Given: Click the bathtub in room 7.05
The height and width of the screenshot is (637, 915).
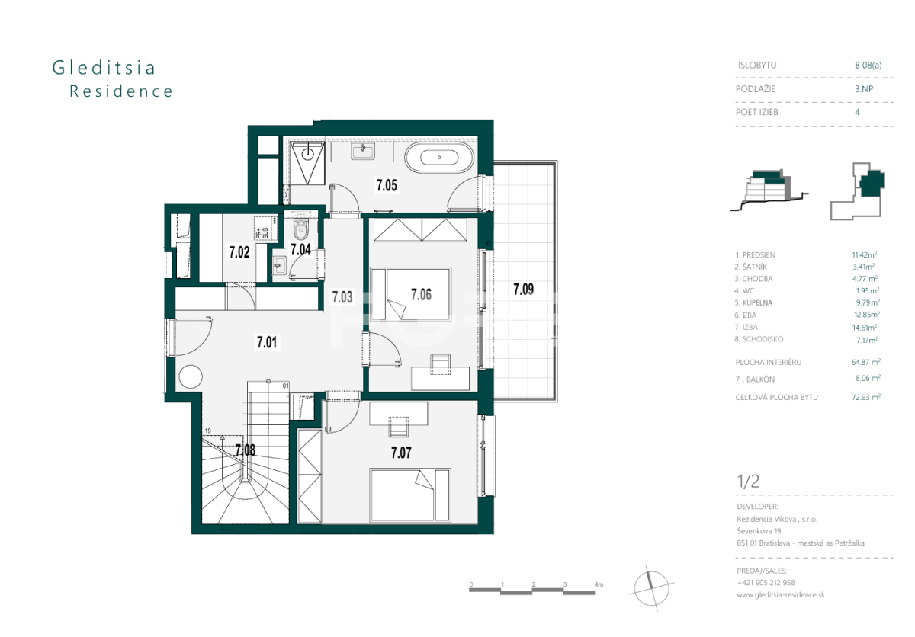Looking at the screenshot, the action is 439,158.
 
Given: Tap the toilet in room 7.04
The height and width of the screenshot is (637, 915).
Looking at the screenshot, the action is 301,230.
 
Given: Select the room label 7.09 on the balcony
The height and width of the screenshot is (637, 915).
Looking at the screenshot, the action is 523,290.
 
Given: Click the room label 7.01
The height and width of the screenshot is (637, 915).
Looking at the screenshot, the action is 267,342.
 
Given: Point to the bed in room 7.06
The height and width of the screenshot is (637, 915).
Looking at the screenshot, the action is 410,294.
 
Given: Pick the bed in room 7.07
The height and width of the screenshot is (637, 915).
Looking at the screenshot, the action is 410,495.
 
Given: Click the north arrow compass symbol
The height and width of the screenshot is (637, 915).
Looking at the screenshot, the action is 651,588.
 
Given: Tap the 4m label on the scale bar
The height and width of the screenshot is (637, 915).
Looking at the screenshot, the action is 599,584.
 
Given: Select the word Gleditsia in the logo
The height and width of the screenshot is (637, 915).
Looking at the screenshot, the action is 104,68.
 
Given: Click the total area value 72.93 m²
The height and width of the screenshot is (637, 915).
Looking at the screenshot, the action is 866,397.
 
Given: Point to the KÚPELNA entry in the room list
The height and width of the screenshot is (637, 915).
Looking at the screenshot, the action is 757,302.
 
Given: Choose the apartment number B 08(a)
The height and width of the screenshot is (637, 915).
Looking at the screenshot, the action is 868,65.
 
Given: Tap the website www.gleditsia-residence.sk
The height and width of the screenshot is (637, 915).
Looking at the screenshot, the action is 781,595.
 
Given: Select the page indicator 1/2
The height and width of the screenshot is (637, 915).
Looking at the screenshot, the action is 748,482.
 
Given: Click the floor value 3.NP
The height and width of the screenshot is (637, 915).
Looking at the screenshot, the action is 864,88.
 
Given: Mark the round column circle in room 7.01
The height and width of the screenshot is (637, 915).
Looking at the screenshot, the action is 191,376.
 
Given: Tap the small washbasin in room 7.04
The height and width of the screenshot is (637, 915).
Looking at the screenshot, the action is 279,265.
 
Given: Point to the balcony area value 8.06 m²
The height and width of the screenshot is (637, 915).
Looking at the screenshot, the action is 868,378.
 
